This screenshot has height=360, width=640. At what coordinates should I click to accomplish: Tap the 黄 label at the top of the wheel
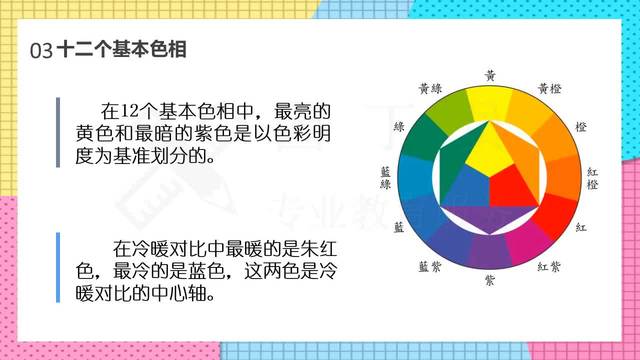[489, 74]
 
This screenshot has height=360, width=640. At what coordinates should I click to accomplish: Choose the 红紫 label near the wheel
[549, 266]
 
